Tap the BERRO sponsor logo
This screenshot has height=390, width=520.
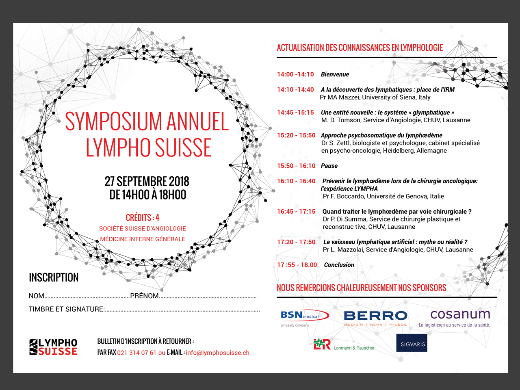[375, 316]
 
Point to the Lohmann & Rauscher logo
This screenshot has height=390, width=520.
[344, 345]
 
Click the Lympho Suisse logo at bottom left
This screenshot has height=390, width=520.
[53, 347]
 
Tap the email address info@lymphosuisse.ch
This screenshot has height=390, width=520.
[218, 353]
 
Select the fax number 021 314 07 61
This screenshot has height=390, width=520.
[136, 353]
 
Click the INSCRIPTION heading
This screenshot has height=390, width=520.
[54, 277]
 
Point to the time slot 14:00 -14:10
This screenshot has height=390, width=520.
[295, 74]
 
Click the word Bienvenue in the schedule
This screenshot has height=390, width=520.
[335, 74]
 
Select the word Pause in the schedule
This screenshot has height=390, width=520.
[329, 166]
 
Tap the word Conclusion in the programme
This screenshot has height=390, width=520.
[339, 265]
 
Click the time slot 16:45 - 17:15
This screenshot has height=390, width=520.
[296, 212]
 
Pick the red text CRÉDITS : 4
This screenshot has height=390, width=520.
[143, 217]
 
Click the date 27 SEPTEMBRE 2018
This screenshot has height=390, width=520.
[147, 181]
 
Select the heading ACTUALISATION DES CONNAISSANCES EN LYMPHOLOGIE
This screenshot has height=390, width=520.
[360, 48]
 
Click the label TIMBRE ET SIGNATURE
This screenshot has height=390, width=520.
[66, 309]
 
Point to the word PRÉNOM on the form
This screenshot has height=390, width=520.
[144, 296]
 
